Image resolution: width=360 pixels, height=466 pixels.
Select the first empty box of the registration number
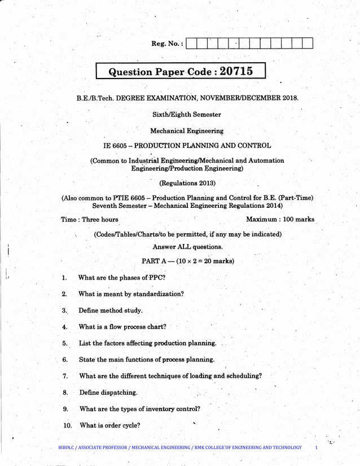(x=191, y=43)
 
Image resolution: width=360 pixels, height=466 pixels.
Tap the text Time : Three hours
(x=89, y=220)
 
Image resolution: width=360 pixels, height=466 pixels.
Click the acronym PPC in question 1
(x=155, y=277)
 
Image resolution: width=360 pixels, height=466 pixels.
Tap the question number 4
(x=65, y=327)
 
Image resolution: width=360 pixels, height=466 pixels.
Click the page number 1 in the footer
(x=317, y=447)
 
